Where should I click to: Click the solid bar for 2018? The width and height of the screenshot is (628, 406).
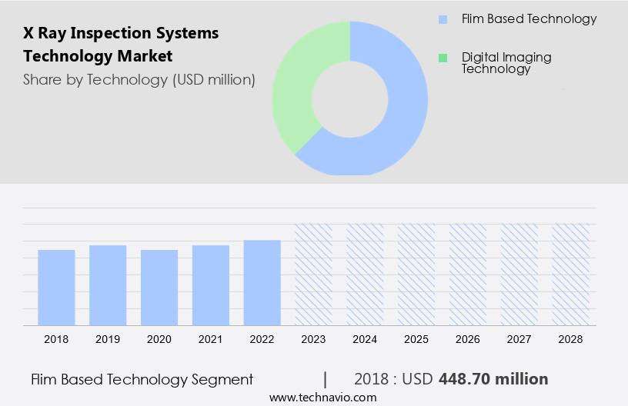click(56, 288)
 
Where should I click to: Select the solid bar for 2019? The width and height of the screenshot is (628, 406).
click(108, 285)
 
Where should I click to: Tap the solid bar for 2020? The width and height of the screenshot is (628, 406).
click(159, 288)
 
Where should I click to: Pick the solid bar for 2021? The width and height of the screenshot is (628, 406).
click(211, 285)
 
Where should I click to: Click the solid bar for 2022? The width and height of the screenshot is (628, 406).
click(262, 283)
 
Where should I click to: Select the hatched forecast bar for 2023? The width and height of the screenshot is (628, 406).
click(314, 275)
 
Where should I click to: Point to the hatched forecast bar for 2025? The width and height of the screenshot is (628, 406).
click(416, 275)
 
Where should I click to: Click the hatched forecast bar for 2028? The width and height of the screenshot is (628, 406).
click(571, 275)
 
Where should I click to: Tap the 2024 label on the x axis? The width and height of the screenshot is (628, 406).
click(365, 338)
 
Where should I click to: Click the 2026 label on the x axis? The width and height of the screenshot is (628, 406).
click(468, 338)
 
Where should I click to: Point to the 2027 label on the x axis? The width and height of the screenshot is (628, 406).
click(519, 338)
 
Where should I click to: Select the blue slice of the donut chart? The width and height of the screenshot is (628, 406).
click(400, 115)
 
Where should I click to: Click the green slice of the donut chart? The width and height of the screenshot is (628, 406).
click(296, 85)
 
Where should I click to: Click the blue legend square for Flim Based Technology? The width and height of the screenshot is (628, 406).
click(442, 19)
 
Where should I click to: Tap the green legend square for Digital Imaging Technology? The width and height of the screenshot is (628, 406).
click(442, 58)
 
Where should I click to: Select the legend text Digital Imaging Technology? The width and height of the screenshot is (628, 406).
click(506, 63)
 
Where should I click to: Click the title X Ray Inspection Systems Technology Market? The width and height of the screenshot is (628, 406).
click(121, 45)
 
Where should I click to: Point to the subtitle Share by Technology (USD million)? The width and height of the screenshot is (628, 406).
click(139, 79)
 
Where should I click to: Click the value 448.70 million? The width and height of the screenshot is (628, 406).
click(493, 379)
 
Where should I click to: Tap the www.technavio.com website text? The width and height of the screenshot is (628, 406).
click(322, 398)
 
